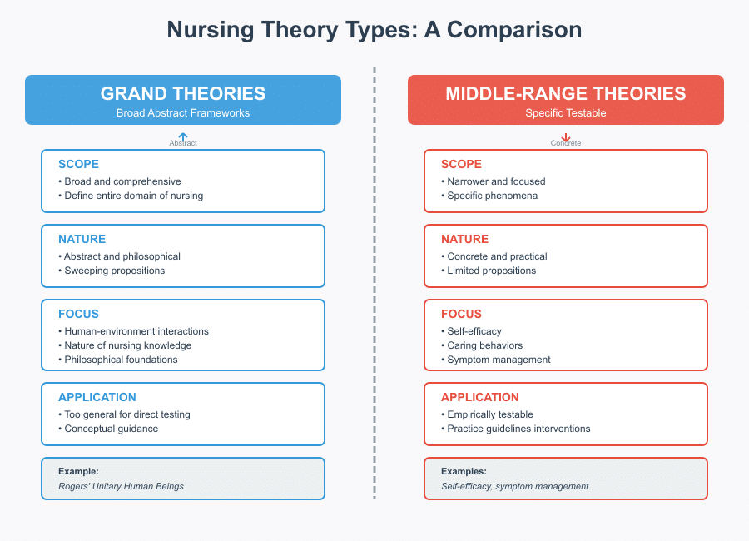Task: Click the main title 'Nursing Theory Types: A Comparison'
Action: (x=374, y=30)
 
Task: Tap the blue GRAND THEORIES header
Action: (x=183, y=94)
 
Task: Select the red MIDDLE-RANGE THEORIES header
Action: (x=565, y=94)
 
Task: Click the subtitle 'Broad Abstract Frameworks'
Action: (x=183, y=113)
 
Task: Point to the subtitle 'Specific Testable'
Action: (x=565, y=113)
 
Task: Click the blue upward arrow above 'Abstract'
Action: (x=183, y=136)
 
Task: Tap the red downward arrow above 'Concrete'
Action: (x=566, y=137)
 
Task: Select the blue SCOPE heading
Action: (x=78, y=164)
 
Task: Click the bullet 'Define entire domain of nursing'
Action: (x=133, y=196)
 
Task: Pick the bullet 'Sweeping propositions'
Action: (x=114, y=270)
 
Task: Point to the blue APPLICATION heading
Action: (x=97, y=397)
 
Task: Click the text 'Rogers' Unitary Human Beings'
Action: (x=121, y=486)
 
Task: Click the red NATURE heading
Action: (x=464, y=239)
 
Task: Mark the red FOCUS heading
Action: (x=461, y=314)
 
